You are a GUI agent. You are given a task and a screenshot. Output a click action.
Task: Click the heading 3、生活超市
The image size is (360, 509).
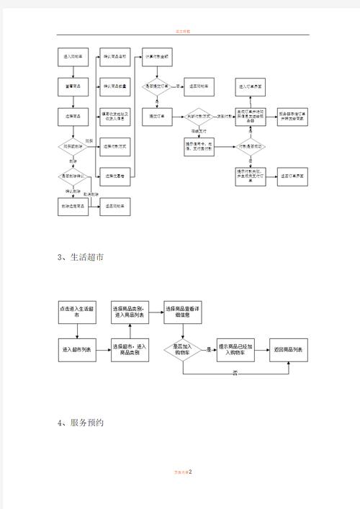(80, 258)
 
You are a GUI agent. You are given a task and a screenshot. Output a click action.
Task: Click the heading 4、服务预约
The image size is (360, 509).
(80, 423)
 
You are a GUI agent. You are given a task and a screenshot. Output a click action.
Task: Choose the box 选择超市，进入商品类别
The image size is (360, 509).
(130, 350)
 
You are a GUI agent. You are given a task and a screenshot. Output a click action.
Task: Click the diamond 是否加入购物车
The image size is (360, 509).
(182, 350)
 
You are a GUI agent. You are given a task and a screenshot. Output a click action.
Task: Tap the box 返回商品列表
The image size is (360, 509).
(287, 350)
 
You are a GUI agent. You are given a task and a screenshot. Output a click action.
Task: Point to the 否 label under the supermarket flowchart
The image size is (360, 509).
(235, 373)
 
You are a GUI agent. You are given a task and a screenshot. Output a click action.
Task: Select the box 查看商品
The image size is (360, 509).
(72, 86)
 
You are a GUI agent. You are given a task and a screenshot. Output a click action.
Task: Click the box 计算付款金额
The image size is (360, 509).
(157, 56)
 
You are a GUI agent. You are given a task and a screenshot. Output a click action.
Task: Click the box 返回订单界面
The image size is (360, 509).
(292, 176)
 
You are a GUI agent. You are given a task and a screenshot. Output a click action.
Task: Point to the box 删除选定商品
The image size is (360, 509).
(72, 206)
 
